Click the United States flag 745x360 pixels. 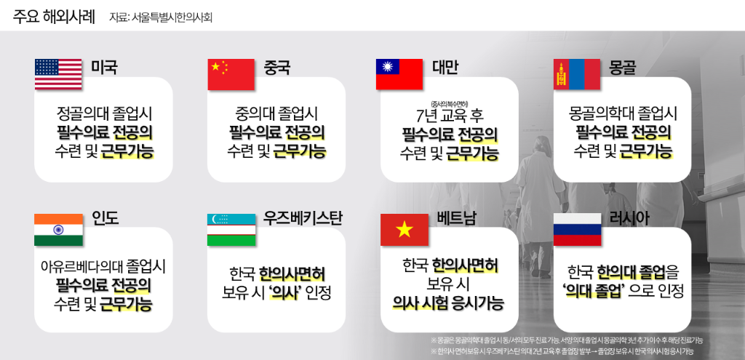(x=58, y=74)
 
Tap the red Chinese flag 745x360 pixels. (x=231, y=74)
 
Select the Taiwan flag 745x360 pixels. (x=399, y=74)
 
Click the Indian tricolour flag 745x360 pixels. (x=58, y=229)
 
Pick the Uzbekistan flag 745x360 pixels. (x=231, y=229)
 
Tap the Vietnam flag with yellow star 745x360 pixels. (x=405, y=229)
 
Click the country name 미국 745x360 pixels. (x=104, y=68)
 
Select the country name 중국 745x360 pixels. (x=277, y=68)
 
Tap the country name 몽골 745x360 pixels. (x=624, y=68)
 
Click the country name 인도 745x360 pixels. (x=105, y=218)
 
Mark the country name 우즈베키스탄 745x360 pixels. (x=303, y=218)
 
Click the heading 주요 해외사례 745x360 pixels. (x=54, y=16)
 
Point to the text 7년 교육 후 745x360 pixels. (x=449, y=116)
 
